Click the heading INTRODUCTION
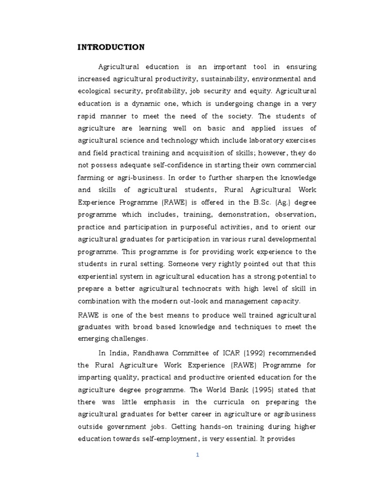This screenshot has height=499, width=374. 111,47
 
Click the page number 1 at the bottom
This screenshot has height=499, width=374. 198,455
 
